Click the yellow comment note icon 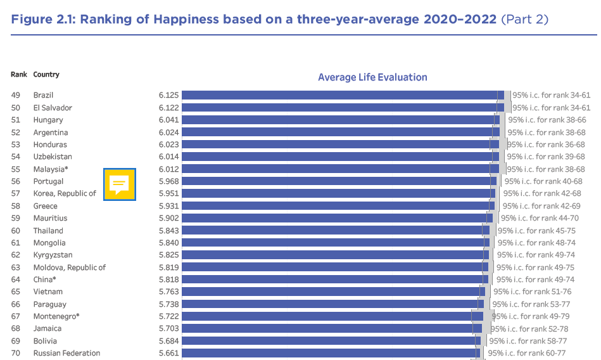click(x=120, y=184)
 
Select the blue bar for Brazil click(x=342, y=95)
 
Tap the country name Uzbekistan click(x=53, y=157)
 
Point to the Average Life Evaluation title click(x=372, y=77)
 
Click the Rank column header click(x=19, y=75)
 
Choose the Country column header click(x=46, y=75)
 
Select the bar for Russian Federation click(x=329, y=353)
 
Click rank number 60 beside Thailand click(x=16, y=231)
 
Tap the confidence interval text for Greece click(x=541, y=206)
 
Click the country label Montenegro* click(x=56, y=316)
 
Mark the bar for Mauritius click(x=336, y=218)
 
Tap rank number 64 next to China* click(x=16, y=280)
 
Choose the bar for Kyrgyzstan click(x=334, y=255)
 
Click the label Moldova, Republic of click(x=70, y=267)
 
